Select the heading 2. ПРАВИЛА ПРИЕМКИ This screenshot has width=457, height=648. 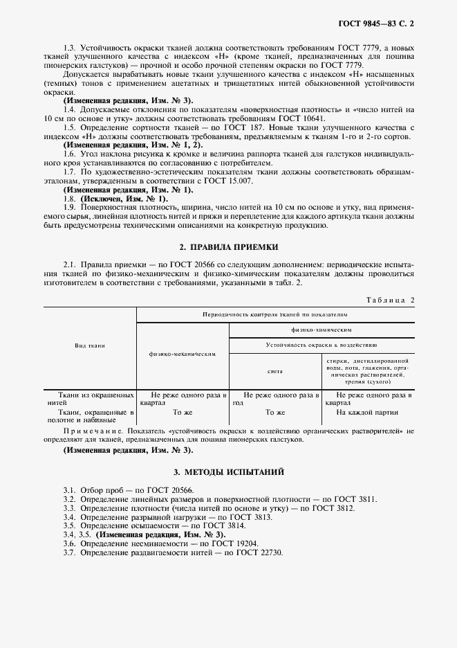(228, 246)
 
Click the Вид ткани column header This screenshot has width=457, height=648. (90, 345)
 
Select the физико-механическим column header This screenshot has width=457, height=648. (183, 353)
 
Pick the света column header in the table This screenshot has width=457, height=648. (275, 371)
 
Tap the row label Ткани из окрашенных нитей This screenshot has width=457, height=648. (90, 397)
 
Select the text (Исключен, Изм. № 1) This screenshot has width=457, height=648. (111, 199)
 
